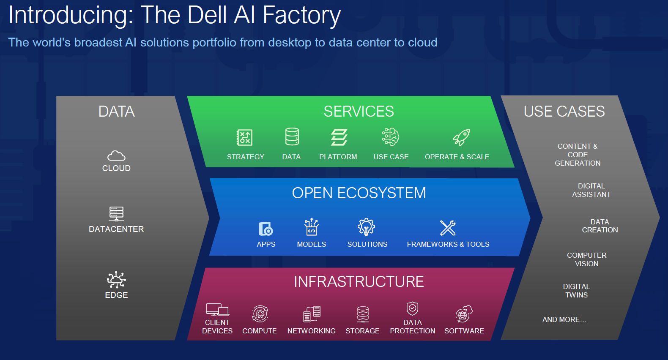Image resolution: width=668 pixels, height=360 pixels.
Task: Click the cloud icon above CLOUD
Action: point(116,156)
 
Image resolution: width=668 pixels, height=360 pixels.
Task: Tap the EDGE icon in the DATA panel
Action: point(116,280)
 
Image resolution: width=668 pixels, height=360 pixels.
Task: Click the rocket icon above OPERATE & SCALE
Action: point(461,137)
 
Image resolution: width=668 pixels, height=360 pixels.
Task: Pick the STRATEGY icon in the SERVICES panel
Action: point(244,137)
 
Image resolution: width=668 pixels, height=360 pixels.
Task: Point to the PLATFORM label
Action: point(338,157)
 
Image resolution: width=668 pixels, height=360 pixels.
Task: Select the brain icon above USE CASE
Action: point(390,137)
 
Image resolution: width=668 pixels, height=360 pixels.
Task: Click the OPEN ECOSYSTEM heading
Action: point(359,193)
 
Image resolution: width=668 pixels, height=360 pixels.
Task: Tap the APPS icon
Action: point(266,229)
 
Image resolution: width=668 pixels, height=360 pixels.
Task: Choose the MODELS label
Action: point(311,244)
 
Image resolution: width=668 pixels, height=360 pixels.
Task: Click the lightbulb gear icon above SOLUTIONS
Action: point(366,227)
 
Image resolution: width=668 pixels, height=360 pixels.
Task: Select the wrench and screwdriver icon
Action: point(448,228)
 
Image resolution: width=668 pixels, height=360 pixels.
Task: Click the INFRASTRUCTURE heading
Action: point(359,282)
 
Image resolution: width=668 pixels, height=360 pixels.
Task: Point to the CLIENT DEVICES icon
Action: point(217,310)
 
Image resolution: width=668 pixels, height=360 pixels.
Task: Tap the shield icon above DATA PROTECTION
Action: point(412,308)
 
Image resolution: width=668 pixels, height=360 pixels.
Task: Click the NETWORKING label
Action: point(311,331)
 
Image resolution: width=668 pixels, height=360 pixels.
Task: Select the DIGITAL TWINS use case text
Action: point(576,291)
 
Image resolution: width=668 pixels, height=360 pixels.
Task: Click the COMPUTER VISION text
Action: point(586,259)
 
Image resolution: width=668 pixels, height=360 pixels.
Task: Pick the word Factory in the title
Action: point(301,15)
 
